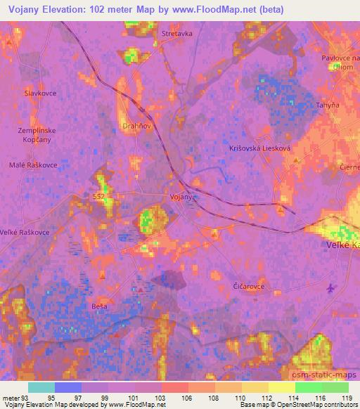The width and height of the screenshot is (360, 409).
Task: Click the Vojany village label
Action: point(181,197)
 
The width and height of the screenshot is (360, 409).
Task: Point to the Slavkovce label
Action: point(40,93)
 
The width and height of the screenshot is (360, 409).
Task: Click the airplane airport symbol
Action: point(331,288)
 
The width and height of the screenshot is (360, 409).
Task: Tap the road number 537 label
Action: point(99,196)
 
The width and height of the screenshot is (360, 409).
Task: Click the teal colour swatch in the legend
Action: point(41,387)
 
